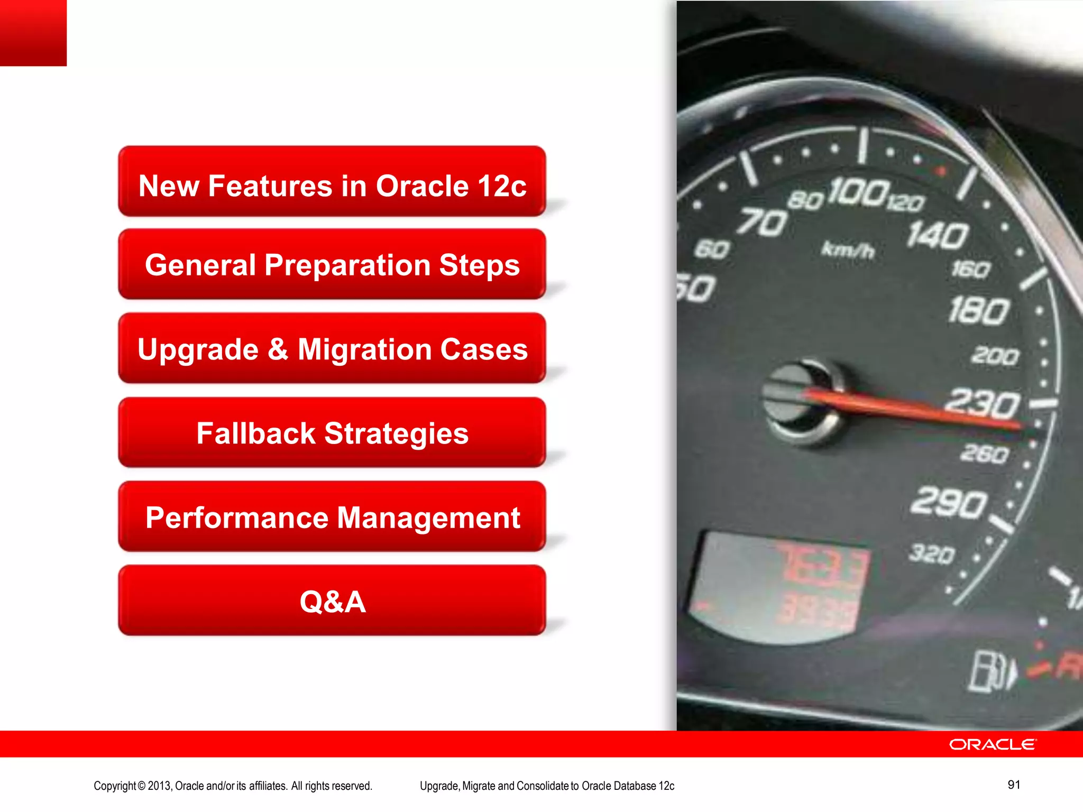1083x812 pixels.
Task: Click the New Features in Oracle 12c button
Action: (332, 181)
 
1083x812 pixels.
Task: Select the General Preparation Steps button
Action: (332, 264)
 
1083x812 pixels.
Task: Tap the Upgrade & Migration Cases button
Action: (332, 348)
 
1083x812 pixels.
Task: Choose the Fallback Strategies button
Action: (332, 432)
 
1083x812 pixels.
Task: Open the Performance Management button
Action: (332, 516)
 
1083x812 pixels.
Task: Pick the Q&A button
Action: (332, 601)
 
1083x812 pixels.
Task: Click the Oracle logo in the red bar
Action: (993, 744)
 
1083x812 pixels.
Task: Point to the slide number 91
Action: (1014, 785)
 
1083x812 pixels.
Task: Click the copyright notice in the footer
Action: (233, 786)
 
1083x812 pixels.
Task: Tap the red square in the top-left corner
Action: (33, 32)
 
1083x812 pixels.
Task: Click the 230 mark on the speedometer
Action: (982, 404)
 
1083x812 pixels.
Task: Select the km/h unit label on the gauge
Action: (848, 250)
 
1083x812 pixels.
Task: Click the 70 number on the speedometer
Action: (762, 222)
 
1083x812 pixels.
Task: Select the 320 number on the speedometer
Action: (932, 554)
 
